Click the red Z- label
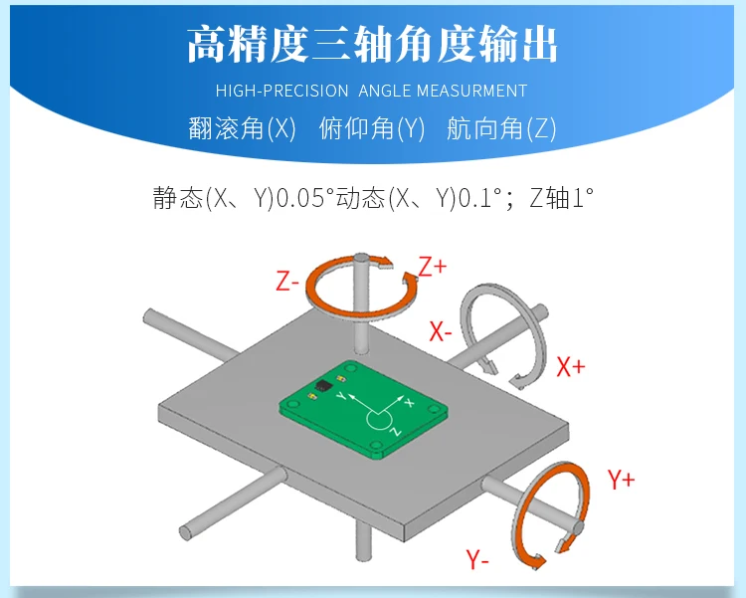point(287,282)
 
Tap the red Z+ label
point(433,267)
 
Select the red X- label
point(441,331)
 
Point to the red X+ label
point(571,366)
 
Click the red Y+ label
point(621,480)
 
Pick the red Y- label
point(477,559)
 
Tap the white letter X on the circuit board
point(410,402)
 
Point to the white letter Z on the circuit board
point(394,432)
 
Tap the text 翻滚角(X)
point(242,129)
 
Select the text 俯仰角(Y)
point(372,129)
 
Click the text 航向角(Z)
point(501,129)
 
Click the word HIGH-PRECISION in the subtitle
point(281,91)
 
